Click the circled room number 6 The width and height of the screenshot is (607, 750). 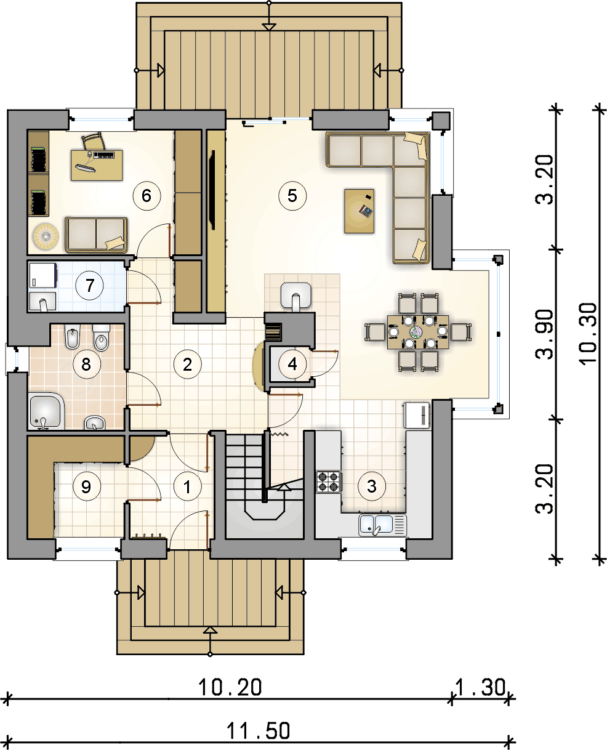coord(147,196)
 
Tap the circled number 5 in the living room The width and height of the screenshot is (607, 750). coord(292,196)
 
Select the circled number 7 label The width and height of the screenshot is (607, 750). coord(89,286)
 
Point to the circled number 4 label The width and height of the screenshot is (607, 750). coord(292,364)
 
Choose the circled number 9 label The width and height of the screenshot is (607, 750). coord(87,486)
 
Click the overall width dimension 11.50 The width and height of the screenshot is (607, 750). coord(258,730)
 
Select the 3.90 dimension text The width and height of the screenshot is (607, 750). coord(544,334)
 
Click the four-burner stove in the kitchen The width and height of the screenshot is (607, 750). coord(329,482)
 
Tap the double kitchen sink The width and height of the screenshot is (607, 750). coord(382,525)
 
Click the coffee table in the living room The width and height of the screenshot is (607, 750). coord(359,211)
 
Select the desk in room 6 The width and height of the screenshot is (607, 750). coord(97,165)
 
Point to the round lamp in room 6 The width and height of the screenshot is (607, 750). coord(46,236)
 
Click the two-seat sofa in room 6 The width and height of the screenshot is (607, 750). coord(96,235)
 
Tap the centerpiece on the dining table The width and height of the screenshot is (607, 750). coord(416,332)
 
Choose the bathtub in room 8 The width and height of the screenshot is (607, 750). coord(46,411)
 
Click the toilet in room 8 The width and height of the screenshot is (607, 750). coord(102,337)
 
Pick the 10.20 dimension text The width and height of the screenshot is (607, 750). coord(230,687)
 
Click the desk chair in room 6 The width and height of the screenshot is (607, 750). coord(94,142)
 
